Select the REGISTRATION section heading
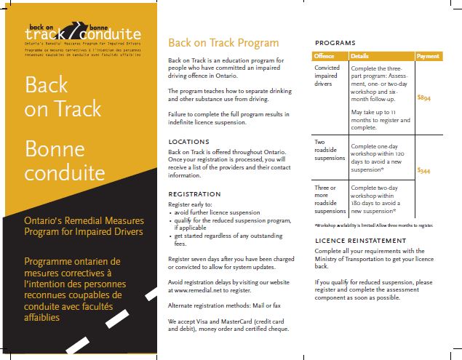[x=194, y=194]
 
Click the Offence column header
[x=324, y=56]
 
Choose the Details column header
[x=360, y=56]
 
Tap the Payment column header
[x=429, y=56]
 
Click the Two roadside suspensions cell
[x=330, y=151]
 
